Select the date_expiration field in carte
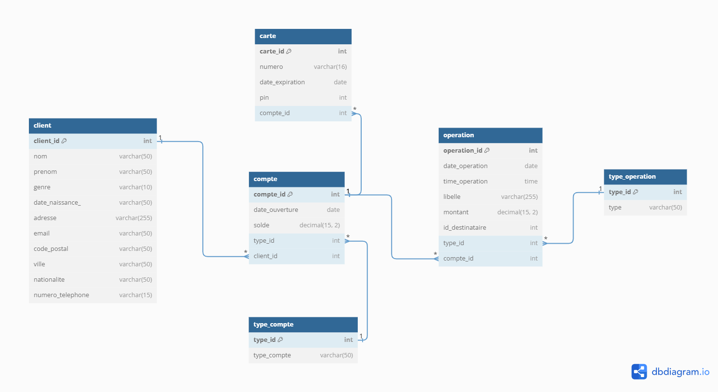point(282,82)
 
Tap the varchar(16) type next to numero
point(330,67)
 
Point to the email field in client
point(42,234)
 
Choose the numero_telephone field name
point(61,295)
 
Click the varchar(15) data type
point(135,295)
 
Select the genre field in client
point(42,187)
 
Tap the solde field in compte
point(261,225)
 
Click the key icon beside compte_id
point(290,195)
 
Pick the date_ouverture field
point(276,210)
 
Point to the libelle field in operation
point(452,197)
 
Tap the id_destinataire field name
point(465,228)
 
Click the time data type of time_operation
point(531,182)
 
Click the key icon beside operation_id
point(487,151)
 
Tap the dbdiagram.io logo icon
point(639,372)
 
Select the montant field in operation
point(456,212)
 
